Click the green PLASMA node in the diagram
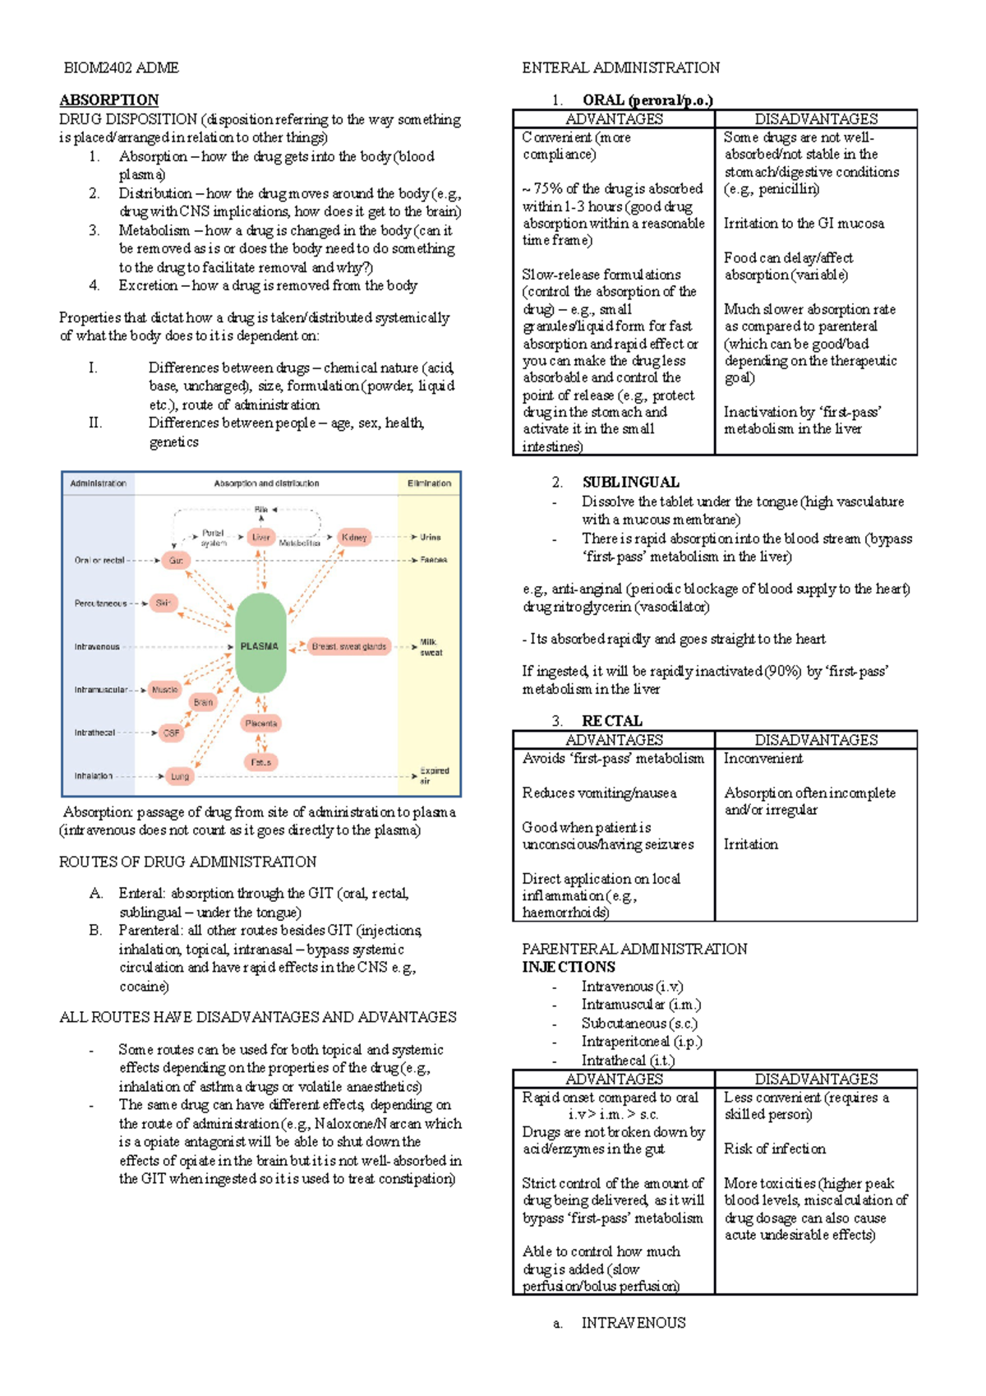260,645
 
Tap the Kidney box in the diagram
354,537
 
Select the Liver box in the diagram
260,537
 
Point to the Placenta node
260,723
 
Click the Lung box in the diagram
179,775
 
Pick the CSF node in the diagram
171,732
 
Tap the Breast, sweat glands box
348,646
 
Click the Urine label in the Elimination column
431,537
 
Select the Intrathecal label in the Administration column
95,732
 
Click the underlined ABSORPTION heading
108,99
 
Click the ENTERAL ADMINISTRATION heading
620,67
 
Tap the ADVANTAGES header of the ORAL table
614,119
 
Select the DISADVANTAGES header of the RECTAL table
816,740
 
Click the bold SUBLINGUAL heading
630,483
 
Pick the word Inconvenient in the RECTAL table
763,758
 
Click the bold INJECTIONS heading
569,967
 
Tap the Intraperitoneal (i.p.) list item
642,1042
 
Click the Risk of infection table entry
774,1149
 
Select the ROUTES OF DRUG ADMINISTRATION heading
187,862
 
